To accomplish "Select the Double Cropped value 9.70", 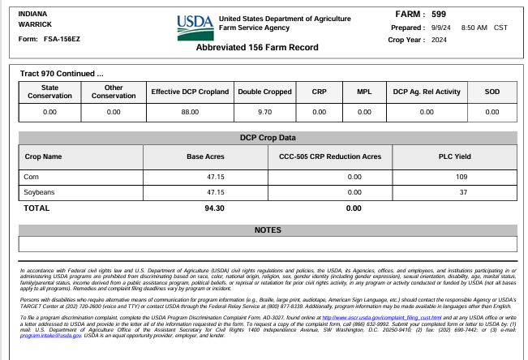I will pos(264,112).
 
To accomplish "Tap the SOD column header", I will pos(492,92).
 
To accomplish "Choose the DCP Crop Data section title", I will pos(268,138).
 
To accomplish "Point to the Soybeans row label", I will pos(40,192).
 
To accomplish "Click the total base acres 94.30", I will pos(215,208).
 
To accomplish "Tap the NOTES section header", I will pos(268,230).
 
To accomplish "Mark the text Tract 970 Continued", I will pos(62,74).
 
